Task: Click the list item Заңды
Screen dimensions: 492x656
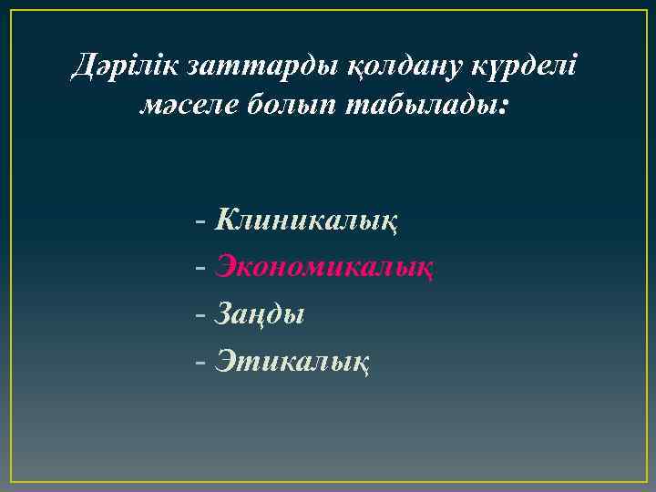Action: (x=260, y=316)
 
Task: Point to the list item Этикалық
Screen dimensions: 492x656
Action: (x=292, y=363)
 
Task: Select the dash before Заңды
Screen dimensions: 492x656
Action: (x=200, y=316)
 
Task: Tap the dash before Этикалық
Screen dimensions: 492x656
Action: (x=200, y=364)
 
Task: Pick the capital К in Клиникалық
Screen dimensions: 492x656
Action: (x=226, y=220)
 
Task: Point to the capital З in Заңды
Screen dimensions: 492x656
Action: (x=224, y=314)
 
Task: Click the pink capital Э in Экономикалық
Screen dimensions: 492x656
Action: (x=226, y=267)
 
